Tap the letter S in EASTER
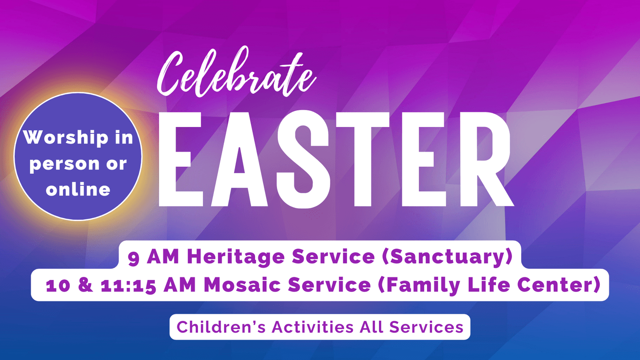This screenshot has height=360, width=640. (x=303, y=159)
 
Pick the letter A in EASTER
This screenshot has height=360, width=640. (x=240, y=159)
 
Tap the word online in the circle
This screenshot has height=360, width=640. (x=78, y=189)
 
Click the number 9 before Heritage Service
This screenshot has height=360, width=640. (x=133, y=258)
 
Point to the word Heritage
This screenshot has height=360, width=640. (x=236, y=257)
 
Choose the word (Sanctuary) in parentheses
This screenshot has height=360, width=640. (x=447, y=257)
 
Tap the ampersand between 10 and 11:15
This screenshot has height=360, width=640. (x=85, y=285)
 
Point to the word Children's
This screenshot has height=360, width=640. (x=221, y=327)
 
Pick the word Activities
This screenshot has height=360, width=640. (x=313, y=327)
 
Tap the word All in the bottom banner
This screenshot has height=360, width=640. (x=371, y=327)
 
